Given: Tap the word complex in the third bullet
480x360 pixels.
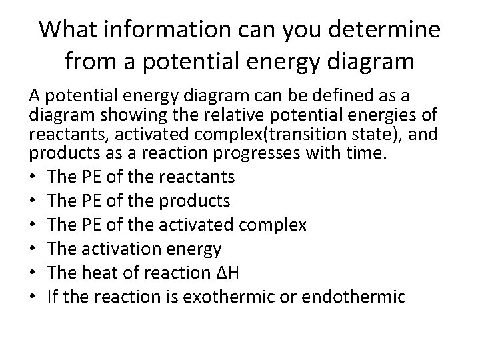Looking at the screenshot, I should pyautogui.click(x=274, y=225).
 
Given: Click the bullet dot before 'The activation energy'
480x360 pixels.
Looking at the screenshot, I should pyautogui.click(x=33, y=249).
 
